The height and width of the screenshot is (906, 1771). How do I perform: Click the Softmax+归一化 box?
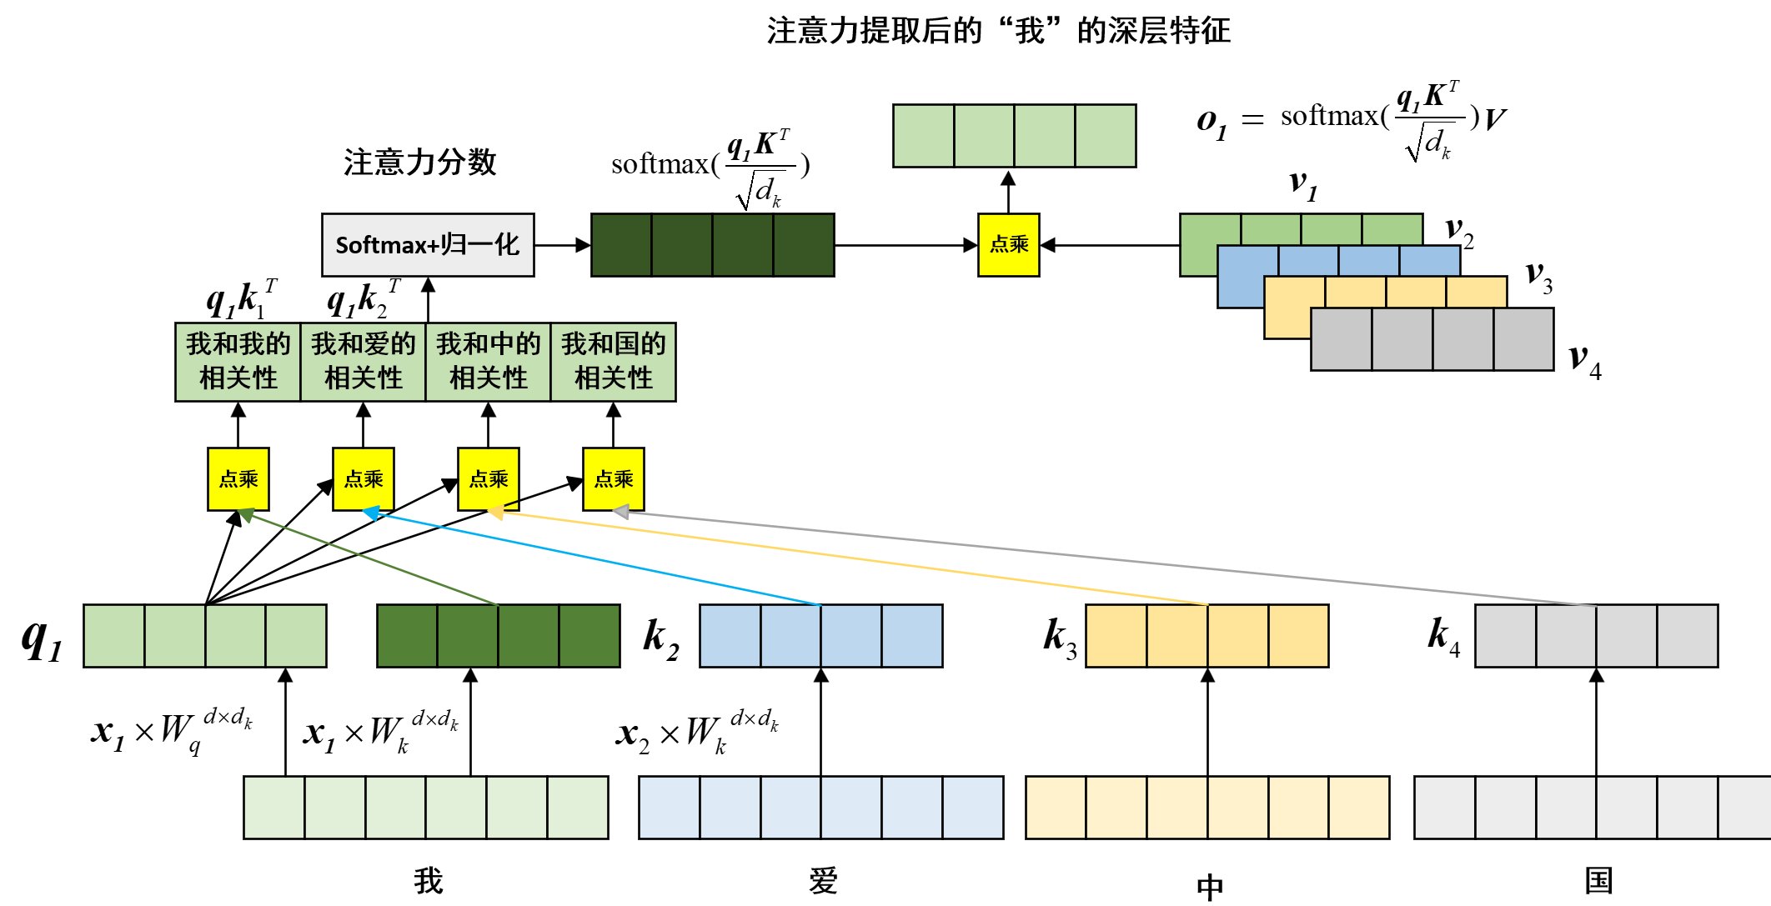[x=428, y=245]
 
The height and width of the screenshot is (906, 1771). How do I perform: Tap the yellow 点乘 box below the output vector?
[x=1008, y=245]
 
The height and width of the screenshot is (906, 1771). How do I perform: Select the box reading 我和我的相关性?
[x=238, y=362]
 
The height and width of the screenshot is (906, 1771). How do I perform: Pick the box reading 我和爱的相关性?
[x=363, y=362]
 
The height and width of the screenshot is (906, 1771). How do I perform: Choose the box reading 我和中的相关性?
[x=488, y=362]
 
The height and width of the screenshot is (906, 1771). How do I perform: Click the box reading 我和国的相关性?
[x=613, y=362]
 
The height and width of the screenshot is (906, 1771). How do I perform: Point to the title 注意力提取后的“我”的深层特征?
[x=998, y=32]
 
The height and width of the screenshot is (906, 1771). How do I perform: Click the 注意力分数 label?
[x=419, y=162]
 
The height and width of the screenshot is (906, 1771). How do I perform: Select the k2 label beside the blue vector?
[x=661, y=638]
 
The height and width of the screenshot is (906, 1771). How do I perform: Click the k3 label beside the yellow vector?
[x=1060, y=638]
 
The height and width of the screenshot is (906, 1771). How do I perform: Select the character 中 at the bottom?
[x=1209, y=886]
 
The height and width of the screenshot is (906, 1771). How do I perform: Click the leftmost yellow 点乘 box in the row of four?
[x=238, y=479]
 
